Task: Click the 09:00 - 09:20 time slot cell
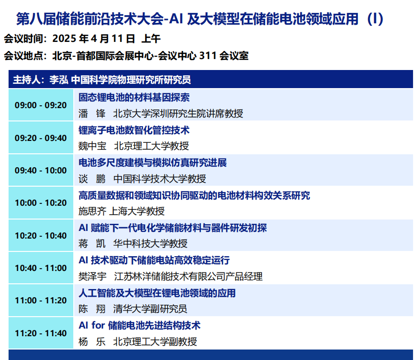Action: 40,105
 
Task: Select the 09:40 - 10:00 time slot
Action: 40,170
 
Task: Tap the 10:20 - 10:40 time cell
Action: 40,235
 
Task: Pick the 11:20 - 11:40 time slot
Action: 40,333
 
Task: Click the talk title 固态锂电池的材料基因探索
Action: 134,98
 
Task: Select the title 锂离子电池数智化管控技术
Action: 134,130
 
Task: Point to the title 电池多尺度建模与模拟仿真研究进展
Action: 153,163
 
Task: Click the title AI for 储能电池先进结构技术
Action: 140,325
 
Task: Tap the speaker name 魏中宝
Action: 92,146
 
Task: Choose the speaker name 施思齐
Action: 92,211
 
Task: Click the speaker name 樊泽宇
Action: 92,277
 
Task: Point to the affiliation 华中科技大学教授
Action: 150,244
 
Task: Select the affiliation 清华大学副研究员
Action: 150,309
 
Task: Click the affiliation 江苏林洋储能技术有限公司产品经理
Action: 188,277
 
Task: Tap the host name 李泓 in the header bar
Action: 59,80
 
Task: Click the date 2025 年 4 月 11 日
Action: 94,39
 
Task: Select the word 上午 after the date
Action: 151,39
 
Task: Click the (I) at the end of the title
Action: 375,19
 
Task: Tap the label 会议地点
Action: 23,56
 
